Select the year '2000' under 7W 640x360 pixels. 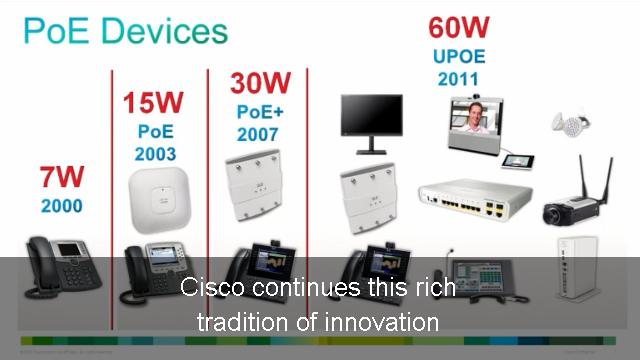pos(61,208)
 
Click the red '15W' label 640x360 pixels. pos(154,103)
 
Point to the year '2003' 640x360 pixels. pos(155,154)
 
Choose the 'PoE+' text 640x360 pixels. pos(260,111)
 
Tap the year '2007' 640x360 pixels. pos(258,134)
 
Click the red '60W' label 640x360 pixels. pos(458,27)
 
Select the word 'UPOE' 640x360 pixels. pos(459,55)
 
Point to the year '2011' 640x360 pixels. pos(458,78)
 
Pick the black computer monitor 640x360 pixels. pos(371,123)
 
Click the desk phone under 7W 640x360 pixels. pos(61,263)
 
